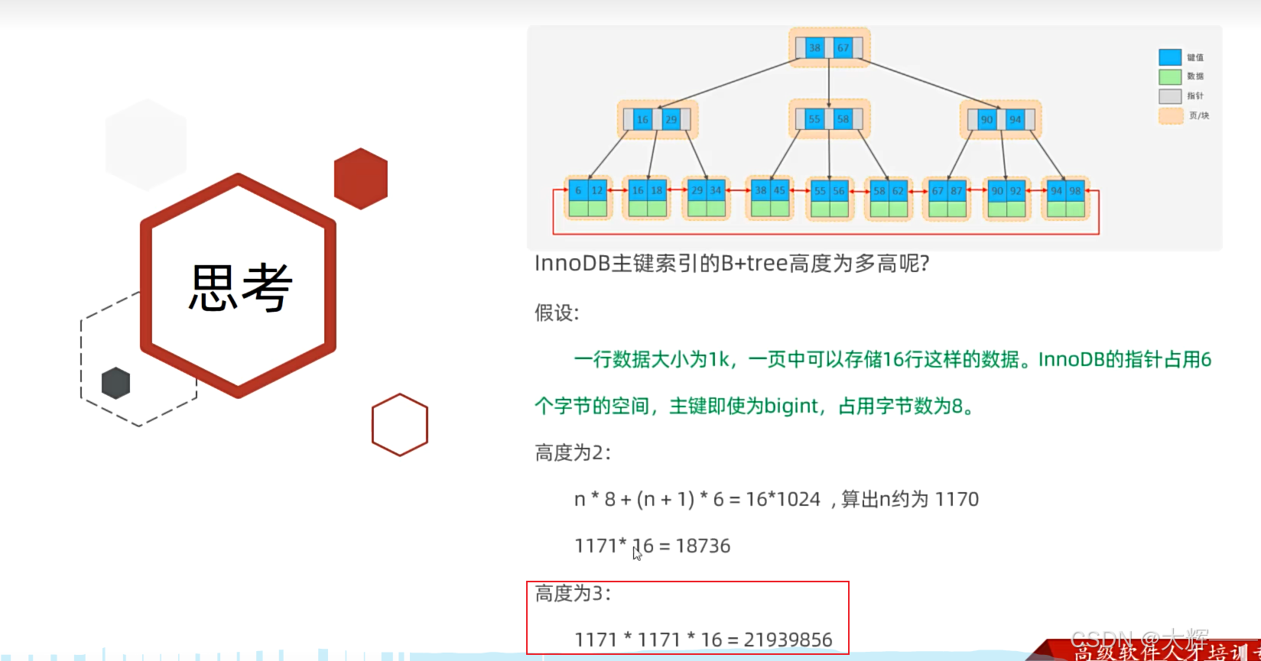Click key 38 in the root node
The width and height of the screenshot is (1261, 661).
tap(814, 47)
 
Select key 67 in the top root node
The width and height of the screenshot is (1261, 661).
tap(843, 47)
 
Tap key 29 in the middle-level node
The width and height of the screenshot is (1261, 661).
tap(671, 119)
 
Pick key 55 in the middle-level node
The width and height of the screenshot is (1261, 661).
tap(814, 119)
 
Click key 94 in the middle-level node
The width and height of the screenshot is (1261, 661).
tap(1015, 119)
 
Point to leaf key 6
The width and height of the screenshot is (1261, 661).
tap(578, 190)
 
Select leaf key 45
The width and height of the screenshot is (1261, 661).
tap(779, 190)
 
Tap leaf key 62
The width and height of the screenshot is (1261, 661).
tap(898, 190)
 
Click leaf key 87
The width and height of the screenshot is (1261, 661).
tap(957, 190)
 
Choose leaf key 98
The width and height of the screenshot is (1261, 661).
tap(1075, 190)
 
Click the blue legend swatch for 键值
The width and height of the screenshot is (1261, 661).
tap(1170, 57)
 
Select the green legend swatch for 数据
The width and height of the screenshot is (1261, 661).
tap(1170, 76)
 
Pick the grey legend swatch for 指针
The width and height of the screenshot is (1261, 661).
tap(1170, 96)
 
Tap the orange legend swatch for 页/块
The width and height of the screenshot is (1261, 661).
tap(1170, 116)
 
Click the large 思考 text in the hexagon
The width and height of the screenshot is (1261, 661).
tap(240, 287)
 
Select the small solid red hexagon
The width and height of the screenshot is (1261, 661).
tap(361, 178)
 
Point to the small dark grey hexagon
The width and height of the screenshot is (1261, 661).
tap(115, 383)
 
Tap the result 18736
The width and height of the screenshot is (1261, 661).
tap(703, 546)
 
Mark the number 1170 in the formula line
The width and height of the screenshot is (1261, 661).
tap(957, 499)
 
